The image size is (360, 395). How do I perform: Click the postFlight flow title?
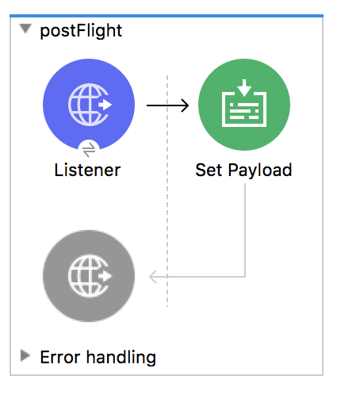click(81, 31)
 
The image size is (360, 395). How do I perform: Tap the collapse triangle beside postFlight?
click(25, 29)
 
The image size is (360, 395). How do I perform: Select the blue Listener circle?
click(89, 105)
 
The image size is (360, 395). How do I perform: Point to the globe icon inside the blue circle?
click(90, 105)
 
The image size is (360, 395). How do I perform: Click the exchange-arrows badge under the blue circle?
click(89, 150)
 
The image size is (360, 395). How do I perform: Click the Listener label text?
click(87, 170)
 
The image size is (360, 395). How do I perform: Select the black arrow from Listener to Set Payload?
click(167, 105)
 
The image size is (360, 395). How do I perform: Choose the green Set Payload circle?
click(244, 105)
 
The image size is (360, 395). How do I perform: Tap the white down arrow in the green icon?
click(244, 88)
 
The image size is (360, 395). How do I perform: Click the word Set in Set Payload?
click(209, 170)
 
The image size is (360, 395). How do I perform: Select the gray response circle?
click(89, 276)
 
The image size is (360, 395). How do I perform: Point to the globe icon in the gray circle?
click(90, 276)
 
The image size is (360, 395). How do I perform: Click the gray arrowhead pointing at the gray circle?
click(153, 277)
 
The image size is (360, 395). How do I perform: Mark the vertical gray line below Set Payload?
click(245, 230)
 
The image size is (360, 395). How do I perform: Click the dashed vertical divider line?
click(167, 191)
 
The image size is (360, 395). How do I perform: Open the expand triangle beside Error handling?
click(25, 355)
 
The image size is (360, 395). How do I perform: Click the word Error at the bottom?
click(60, 358)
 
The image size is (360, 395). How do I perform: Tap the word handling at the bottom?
click(121, 358)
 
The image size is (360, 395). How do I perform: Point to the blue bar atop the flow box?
click(167, 16)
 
